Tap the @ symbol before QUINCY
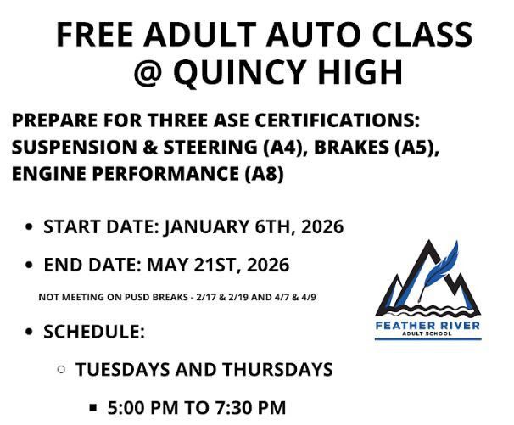pos(151,72)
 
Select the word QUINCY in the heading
pos(239,72)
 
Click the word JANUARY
pos(203,227)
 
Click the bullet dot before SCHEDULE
pos(31,332)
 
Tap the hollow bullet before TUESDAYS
pos(61,370)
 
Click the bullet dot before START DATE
pos(31,227)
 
